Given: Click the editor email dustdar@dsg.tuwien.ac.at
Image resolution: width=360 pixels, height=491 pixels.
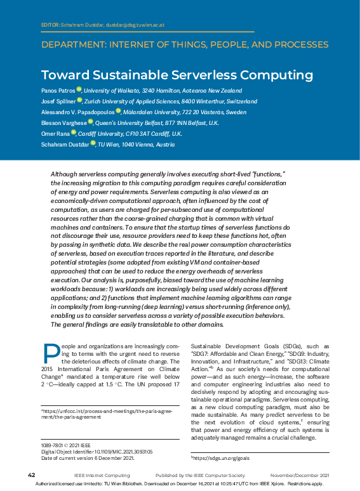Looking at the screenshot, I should point(133,25).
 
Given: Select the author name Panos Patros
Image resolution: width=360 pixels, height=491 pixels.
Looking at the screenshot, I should point(58,91).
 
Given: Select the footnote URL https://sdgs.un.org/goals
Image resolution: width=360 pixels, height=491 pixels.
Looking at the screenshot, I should point(220,457).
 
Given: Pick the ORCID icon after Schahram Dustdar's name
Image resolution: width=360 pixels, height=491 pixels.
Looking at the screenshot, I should point(93,143).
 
